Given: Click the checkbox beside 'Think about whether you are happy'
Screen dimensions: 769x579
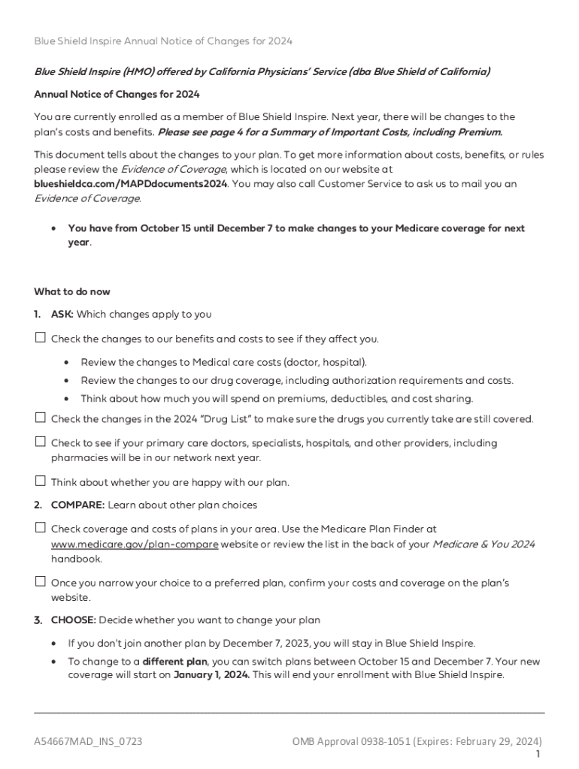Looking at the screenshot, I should coord(41,481).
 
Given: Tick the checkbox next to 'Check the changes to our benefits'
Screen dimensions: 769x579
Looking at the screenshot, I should coord(41,337).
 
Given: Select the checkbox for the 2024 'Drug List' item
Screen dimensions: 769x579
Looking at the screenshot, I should coord(41,418).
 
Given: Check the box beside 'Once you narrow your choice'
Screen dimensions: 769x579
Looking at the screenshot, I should coord(41,581).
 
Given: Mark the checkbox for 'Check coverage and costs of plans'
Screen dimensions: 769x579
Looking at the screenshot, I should coord(41,528).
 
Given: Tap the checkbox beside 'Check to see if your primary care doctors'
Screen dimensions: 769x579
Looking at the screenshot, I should coord(41,442).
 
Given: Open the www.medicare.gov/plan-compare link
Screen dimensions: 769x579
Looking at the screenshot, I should coord(135,544).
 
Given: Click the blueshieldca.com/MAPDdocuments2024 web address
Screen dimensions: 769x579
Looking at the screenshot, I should coord(131,183).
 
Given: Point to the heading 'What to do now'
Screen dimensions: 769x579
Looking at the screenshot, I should coord(72,291).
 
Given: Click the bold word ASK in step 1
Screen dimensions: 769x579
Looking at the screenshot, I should coord(62,315).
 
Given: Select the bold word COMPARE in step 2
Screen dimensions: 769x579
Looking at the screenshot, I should coord(77,505).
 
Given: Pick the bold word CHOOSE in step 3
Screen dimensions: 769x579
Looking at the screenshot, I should coord(73,620).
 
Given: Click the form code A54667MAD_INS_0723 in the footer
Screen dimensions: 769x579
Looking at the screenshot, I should coord(89,742).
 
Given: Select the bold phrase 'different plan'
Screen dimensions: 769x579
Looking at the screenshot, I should coord(174,662).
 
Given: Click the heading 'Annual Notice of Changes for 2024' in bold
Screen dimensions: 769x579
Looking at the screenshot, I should coord(117,94).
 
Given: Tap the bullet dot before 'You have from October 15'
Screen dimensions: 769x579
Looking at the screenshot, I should coord(53,228).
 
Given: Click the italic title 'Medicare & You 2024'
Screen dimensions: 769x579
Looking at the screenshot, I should coord(484,544).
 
